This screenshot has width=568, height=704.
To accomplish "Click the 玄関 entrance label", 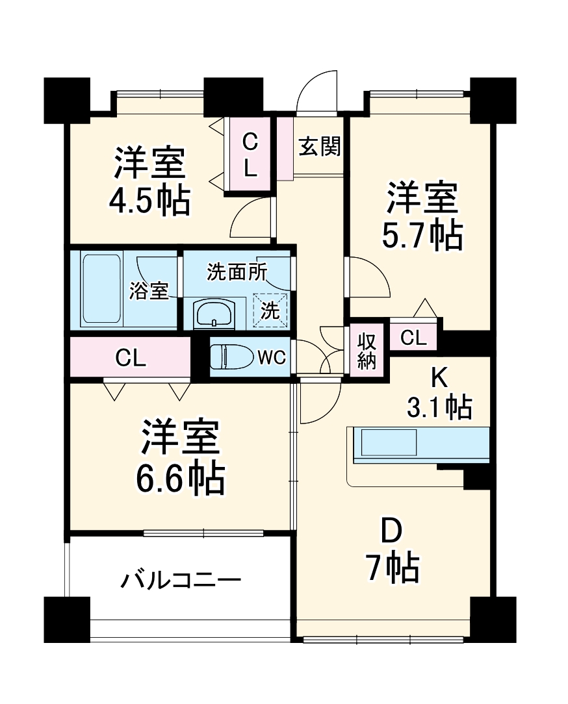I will tap(319, 147).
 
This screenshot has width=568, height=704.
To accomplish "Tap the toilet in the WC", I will tap(231, 357).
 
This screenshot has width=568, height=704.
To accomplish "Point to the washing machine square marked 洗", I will tap(270, 310).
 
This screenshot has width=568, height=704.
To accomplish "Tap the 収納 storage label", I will tap(367, 351).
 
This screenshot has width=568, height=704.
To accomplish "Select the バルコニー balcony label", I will tap(181, 579).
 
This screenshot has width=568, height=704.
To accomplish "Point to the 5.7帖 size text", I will tap(422, 236).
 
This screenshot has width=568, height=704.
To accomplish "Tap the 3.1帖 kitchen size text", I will tap(439, 407).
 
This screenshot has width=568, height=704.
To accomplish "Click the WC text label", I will tap(271, 357).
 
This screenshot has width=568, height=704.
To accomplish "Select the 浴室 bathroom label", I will tap(148, 291).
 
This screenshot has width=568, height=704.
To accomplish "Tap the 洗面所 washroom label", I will tap(237, 272).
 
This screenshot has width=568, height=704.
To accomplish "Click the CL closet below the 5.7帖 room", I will tap(413, 337).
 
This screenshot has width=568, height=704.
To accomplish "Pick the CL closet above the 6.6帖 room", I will tap(131, 357).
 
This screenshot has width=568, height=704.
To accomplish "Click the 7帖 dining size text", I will tap(392, 569).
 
